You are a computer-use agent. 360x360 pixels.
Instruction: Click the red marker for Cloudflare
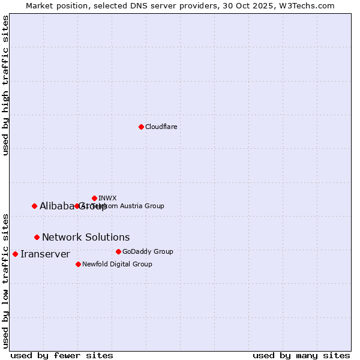(141, 127)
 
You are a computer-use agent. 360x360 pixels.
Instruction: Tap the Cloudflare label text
(161, 127)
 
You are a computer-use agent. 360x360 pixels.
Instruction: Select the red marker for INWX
(94, 198)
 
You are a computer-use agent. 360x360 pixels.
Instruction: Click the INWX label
(107, 198)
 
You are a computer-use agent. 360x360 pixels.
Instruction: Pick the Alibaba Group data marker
(34, 206)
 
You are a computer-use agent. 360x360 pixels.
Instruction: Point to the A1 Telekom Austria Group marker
(77, 206)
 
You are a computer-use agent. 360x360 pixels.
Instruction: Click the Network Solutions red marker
(37, 237)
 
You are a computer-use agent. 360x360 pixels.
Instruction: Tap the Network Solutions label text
(86, 237)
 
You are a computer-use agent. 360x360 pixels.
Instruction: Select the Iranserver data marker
(15, 254)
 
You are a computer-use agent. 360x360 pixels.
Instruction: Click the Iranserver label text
(45, 254)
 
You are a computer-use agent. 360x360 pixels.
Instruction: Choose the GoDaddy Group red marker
(118, 251)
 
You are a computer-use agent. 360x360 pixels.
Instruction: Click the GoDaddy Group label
(148, 251)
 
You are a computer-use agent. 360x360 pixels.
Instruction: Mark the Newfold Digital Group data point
(78, 264)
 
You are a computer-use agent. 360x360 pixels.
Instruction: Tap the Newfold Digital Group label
(117, 264)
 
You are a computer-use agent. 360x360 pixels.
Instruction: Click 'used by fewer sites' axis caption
(62, 355)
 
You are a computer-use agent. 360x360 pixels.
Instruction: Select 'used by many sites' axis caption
(301, 355)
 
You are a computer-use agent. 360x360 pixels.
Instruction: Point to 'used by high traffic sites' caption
(5, 85)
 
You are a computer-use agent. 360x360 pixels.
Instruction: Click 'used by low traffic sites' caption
(5, 280)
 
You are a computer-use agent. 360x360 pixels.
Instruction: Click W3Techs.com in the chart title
(310, 5)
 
